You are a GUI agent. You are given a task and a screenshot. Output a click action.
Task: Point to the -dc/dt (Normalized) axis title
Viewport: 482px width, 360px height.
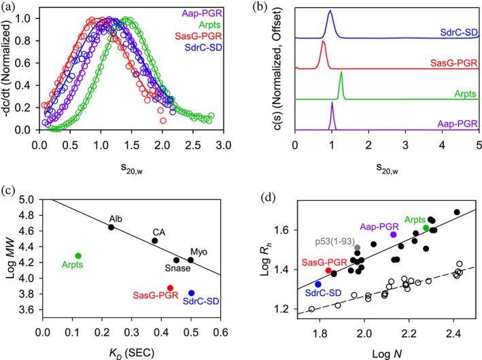[x=9, y=68]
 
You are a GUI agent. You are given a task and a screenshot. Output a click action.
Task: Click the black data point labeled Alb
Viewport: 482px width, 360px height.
[x=111, y=227]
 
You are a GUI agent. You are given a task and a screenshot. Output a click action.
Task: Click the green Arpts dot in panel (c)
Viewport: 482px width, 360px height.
[x=78, y=256]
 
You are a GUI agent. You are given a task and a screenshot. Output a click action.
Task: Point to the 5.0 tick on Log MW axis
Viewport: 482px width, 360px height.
[x=27, y=199]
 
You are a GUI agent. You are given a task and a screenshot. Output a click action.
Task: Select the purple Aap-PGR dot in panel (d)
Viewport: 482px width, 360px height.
[x=393, y=235]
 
